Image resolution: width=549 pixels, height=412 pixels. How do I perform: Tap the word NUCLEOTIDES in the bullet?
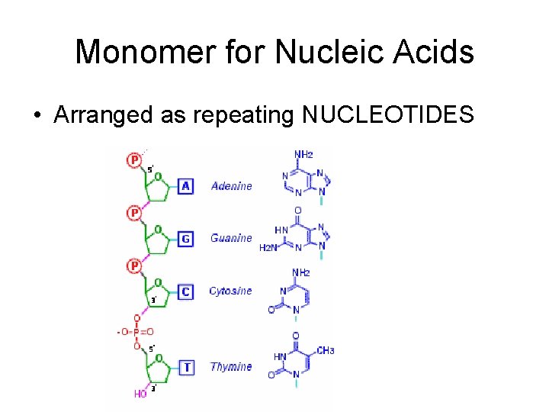coord(388,115)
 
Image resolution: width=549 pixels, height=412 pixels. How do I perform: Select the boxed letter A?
coord(185,185)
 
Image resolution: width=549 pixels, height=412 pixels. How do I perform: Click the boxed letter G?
coord(185,239)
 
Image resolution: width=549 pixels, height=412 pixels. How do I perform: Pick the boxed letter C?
coord(185,291)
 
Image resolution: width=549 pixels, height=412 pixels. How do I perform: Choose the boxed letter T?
coord(186,367)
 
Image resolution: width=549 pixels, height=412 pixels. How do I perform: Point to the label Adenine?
coord(231,186)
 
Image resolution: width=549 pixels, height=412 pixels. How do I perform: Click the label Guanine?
coord(231,239)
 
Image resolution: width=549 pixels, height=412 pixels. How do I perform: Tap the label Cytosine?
coord(231,291)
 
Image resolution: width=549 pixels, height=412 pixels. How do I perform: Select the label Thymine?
coord(231,367)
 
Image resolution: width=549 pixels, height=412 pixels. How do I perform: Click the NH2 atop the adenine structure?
coord(303,155)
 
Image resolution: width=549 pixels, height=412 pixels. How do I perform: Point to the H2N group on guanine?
coord(268,247)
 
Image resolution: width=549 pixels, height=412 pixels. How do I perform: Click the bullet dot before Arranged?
coord(37,116)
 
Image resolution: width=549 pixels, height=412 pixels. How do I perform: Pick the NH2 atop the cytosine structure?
coord(300,272)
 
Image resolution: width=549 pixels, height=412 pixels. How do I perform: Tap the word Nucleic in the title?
coord(313,52)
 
